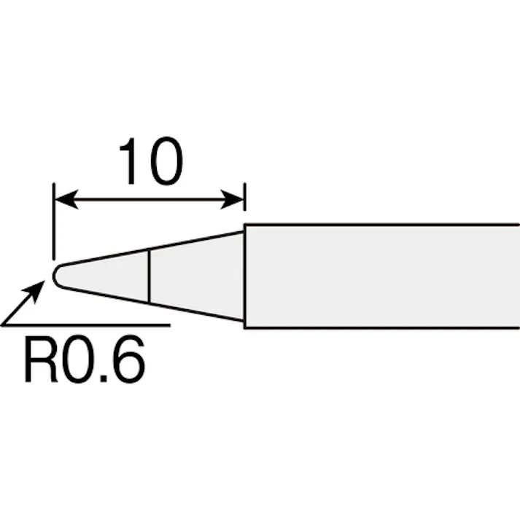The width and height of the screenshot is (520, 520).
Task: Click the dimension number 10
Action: pos(151,160)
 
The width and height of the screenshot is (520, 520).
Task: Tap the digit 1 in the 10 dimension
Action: pos(128,161)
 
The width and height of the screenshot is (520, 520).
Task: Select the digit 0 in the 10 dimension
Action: pos(166,160)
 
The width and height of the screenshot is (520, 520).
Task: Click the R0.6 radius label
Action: pos(85,359)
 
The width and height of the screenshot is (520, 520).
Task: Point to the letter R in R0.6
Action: pos(41,360)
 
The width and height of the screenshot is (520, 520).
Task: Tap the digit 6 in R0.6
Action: pos(128,360)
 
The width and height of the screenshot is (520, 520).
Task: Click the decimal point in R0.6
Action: pos(104,379)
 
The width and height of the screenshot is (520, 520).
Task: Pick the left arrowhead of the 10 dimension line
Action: pos(66,200)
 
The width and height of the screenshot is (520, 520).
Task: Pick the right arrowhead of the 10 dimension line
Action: pos(232,200)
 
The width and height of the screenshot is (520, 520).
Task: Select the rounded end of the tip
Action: pos(56,276)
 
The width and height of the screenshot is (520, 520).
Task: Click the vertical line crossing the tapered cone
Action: pos(150,276)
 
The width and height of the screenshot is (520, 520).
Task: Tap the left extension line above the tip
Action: pos(54,221)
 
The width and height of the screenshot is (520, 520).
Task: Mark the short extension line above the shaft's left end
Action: pos(245,196)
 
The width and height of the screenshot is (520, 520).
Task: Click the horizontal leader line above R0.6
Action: pos(85,325)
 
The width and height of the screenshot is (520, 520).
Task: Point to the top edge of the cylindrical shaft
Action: pos(381,225)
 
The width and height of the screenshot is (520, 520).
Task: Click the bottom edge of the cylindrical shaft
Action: pos(381,327)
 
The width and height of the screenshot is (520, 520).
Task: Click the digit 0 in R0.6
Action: pos(80,360)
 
